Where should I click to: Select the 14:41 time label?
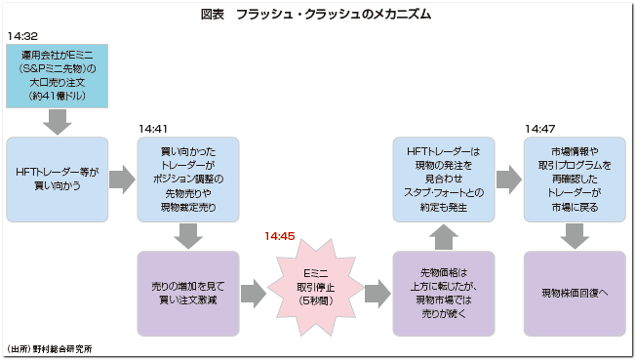click(x=154, y=128)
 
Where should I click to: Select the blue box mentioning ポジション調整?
click(x=188, y=180)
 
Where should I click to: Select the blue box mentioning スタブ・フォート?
click(x=444, y=180)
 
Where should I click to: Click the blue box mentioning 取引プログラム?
click(x=575, y=180)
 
